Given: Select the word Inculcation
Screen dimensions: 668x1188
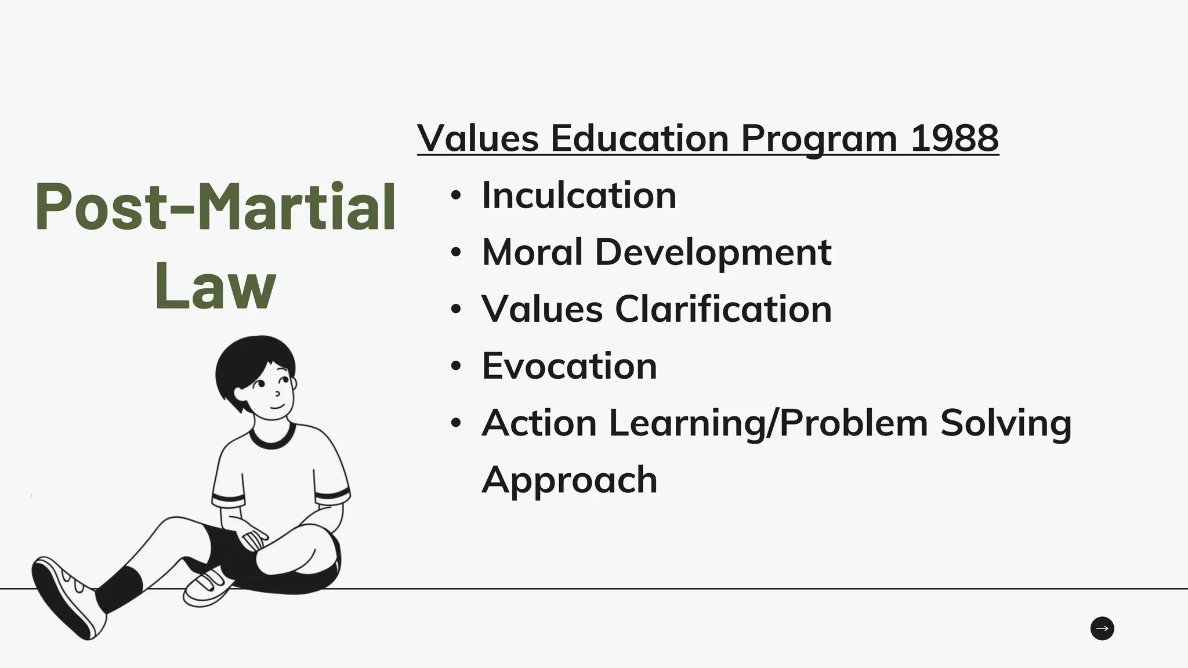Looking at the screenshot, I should pos(579,195).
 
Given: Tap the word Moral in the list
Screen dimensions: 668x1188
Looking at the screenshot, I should pos(532,252).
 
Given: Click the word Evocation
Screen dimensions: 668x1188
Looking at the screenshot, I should pos(569,366).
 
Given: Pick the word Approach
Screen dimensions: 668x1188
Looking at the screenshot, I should pos(569,480).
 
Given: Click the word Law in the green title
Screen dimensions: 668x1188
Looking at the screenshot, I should pos(215,285).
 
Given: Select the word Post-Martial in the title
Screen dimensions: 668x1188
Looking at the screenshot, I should pos(215,206).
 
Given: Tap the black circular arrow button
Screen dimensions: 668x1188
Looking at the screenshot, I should pos(1102,629).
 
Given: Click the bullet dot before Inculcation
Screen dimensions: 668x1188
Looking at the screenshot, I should pos(456,195).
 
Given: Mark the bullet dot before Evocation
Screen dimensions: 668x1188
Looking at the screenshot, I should pos(456,366).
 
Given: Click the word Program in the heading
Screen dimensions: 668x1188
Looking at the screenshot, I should pos(818,139).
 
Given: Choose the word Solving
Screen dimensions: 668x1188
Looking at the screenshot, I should pos(1005,423).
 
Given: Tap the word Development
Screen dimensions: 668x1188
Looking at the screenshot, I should pos(713,253).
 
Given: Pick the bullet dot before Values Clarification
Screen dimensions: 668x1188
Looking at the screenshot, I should pos(456,309).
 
